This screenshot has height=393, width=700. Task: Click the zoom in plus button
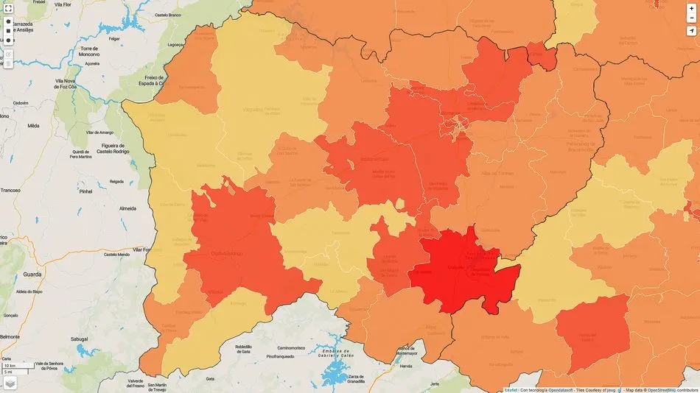[x=691, y=8]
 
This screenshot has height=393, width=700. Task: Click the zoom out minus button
[x=691, y=18]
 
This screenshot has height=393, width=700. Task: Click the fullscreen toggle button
[x=9, y=8]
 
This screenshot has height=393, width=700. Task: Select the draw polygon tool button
[x=9, y=22]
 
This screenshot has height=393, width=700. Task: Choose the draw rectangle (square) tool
[x=9, y=32]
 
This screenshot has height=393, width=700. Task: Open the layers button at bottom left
[x=10, y=383]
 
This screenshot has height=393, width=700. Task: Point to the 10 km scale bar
[x=15, y=366]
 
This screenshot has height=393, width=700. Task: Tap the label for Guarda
[x=32, y=274]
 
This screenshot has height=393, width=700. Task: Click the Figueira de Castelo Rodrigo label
[x=108, y=148]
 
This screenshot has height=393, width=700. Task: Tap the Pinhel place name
[x=86, y=191]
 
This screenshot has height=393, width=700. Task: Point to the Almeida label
[x=117, y=209]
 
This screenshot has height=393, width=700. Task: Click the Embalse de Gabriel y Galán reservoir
[x=335, y=371]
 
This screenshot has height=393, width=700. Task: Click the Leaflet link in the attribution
[x=510, y=389]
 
